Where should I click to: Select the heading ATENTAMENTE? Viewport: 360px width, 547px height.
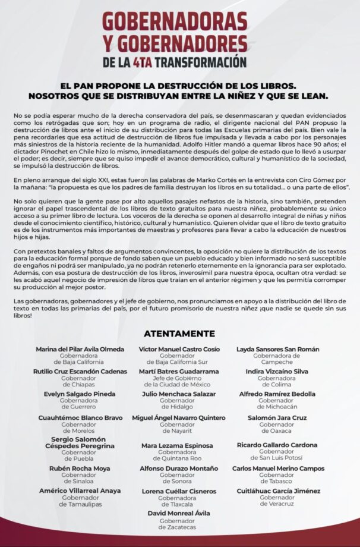pos(179,334)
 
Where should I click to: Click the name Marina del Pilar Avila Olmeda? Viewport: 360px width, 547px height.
pos(80,349)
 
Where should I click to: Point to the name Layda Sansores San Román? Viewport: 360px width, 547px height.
pos(277,349)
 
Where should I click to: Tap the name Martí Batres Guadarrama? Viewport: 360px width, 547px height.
pos(179,371)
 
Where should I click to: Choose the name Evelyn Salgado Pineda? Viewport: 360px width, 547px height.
pos(80,394)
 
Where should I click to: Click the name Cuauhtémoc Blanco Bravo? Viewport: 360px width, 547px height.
pos(80,418)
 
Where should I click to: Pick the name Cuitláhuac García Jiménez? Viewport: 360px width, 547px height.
pos(277,491)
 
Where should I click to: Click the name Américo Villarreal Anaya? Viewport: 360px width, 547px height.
pos(80,491)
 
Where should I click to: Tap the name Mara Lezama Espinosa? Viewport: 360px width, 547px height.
pos(176,445)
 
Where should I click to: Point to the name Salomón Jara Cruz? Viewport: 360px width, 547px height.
pos(277,418)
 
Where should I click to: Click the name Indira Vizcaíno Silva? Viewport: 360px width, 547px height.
pos(277,371)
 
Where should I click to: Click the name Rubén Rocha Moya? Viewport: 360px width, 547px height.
pos(80,469)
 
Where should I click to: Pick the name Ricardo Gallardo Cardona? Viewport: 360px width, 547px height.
pos(277,445)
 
